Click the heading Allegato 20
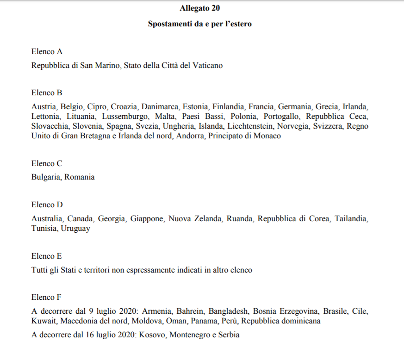[x=200, y=8]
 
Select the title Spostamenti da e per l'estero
[x=200, y=24]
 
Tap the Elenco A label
[x=47, y=51]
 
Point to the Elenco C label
[x=47, y=163]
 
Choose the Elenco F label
[x=46, y=297]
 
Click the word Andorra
[x=190, y=136]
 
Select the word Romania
[x=80, y=177]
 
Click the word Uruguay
[x=75, y=229]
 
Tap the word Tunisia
[x=44, y=229]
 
